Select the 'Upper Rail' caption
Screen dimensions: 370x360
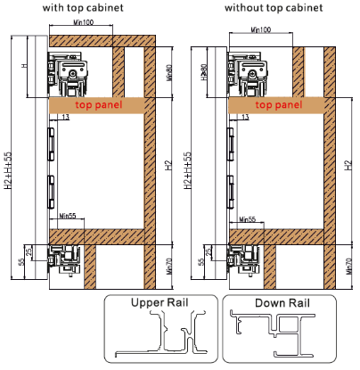pyautogui.click(x=160, y=302)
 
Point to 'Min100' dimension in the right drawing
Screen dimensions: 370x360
pyautogui.click(x=259, y=31)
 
